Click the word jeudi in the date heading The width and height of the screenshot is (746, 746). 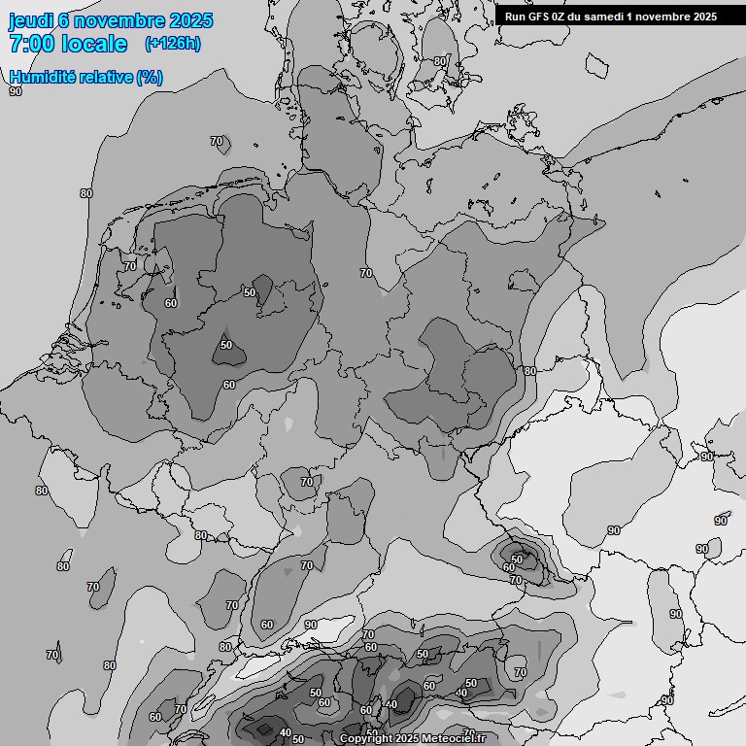click(x=30, y=21)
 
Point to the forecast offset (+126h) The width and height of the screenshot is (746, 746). click(x=172, y=44)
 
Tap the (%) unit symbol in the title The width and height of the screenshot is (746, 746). click(x=150, y=77)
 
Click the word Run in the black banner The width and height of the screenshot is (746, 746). click(x=516, y=17)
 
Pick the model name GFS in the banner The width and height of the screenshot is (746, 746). click(x=541, y=17)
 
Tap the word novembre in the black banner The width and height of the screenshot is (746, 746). click(x=668, y=17)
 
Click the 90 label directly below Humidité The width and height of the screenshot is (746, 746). click(x=16, y=91)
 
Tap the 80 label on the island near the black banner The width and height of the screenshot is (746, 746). click(x=440, y=61)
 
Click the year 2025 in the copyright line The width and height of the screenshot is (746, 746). click(x=408, y=739)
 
